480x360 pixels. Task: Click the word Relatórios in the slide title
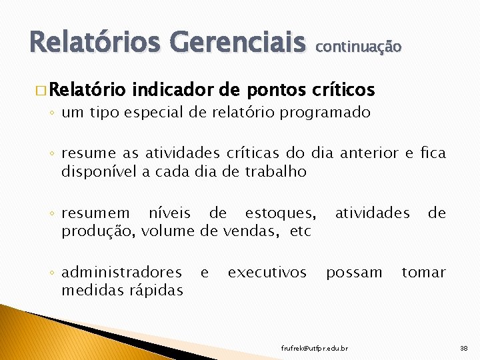coord(93,43)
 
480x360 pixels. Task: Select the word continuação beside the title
coord(358,47)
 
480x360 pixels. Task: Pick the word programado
coord(325,113)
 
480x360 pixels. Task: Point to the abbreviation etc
coord(301,231)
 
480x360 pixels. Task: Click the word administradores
coord(121,273)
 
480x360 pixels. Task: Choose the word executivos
coord(267,273)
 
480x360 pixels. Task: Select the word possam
coord(354,273)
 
